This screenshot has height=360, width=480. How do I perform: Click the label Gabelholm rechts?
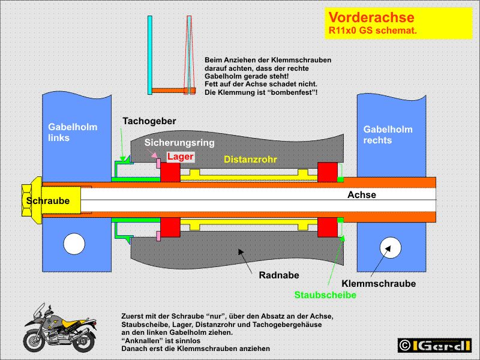tap(385, 135)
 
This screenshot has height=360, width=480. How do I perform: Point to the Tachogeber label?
tap(149, 121)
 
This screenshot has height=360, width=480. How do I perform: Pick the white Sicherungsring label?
tap(179, 143)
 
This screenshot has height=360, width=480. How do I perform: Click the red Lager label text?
tap(181, 157)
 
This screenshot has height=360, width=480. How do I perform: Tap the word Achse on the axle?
tap(362, 195)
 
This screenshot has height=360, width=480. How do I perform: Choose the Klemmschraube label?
tap(379, 283)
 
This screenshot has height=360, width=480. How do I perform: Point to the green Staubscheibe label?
tap(325, 295)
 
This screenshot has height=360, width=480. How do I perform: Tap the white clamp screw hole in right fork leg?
tap(388, 246)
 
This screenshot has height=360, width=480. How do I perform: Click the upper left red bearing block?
tap(170, 172)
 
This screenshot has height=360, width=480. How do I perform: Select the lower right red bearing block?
tap(327, 229)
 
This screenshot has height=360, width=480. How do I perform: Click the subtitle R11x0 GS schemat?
tap(373, 30)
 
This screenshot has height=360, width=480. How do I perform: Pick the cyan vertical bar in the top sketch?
tap(149, 55)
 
